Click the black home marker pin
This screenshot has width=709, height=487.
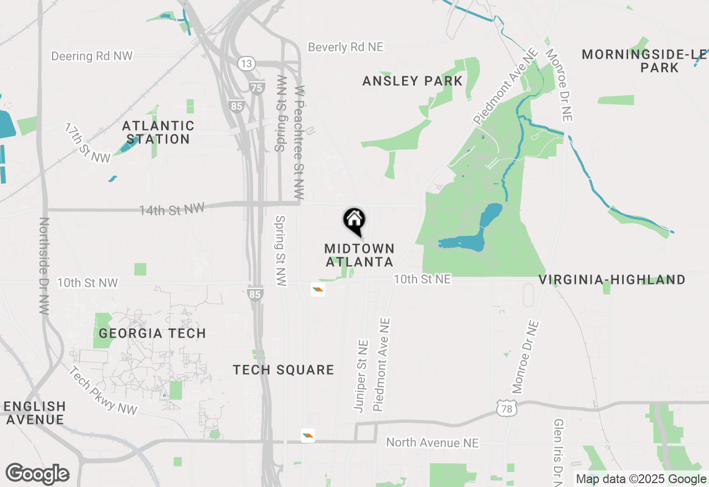[x=354, y=221]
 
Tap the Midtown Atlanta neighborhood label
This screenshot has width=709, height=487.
[x=359, y=255]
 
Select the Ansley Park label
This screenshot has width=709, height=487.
[x=413, y=81]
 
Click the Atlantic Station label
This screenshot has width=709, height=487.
[x=158, y=133]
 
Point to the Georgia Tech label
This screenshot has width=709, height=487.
[x=152, y=333]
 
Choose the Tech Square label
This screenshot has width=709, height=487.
[x=284, y=370]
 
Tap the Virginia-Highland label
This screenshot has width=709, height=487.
[x=612, y=279]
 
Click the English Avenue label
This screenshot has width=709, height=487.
[x=35, y=413]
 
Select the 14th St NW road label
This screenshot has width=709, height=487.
[x=172, y=209]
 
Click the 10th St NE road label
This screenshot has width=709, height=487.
[x=422, y=279]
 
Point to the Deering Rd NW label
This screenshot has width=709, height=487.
[x=92, y=56]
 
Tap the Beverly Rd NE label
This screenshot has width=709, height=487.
[x=346, y=47]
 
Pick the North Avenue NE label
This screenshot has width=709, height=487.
[x=433, y=442]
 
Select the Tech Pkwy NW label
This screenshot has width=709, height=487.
[x=104, y=390]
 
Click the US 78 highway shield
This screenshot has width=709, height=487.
[x=507, y=409]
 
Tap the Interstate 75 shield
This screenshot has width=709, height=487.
[x=256, y=87]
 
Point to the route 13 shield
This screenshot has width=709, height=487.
[x=246, y=63]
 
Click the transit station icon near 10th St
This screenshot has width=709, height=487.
[x=317, y=289]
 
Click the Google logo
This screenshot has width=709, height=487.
[x=38, y=474]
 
